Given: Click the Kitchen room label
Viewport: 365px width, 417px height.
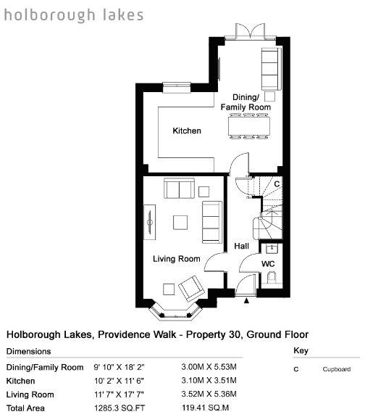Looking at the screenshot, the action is tap(187, 131).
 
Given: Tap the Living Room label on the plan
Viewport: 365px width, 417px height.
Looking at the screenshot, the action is tap(177, 259).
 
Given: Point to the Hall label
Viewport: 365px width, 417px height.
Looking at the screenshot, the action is tap(241, 246).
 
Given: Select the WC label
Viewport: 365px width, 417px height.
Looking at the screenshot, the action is tap(268, 264).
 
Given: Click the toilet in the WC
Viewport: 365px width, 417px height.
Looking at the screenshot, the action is tap(272, 278).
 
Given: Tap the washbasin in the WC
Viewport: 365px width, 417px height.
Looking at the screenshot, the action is tap(272, 249).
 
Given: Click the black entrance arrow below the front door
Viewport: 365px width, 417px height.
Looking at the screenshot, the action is tap(246, 300).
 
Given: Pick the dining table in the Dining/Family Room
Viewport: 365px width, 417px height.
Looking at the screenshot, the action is tap(249, 126).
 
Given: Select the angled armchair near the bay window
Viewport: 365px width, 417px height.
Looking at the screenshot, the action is tap(191, 289).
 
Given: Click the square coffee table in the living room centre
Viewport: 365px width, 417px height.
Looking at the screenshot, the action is tap(180, 223).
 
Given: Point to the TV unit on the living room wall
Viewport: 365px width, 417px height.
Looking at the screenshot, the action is tap(150, 222).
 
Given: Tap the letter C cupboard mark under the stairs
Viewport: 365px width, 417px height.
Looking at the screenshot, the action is tap(277, 184).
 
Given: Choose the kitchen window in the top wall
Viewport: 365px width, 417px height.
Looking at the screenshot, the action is tap(177, 88).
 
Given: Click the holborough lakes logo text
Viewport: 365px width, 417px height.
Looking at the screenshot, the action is tap(74, 15).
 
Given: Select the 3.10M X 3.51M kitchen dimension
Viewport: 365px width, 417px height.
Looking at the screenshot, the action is tap(209, 381).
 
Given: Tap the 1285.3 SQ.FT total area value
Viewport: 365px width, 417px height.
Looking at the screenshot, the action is tap(119, 408).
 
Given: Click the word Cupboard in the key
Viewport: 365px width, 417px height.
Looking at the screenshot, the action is tap(337, 369).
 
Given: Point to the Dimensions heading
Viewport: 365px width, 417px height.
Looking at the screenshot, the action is tap(29, 351).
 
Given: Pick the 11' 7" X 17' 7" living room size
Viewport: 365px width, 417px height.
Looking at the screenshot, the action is tap(119, 395).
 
